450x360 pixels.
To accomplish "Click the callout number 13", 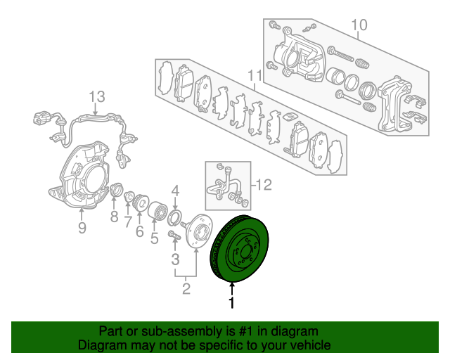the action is [x=97, y=97].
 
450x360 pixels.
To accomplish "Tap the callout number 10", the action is [x=359, y=25].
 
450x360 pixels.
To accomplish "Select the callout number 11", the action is [x=255, y=76].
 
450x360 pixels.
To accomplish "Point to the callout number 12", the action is [x=264, y=185].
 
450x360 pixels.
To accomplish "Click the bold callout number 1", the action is [x=231, y=303].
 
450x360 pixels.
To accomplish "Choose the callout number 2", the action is [x=186, y=288].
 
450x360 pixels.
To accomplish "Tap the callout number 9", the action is [x=82, y=228].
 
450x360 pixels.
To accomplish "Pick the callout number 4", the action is [x=175, y=191].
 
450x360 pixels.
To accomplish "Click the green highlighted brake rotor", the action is [x=239, y=249].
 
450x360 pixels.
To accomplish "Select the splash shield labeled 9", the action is [x=79, y=176].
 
